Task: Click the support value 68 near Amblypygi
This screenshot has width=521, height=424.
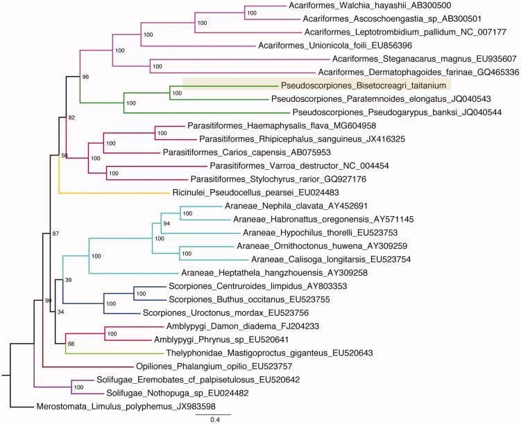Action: pyautogui.click(x=71, y=344)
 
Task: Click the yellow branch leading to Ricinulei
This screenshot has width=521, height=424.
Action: pyautogui.click(x=111, y=193)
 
